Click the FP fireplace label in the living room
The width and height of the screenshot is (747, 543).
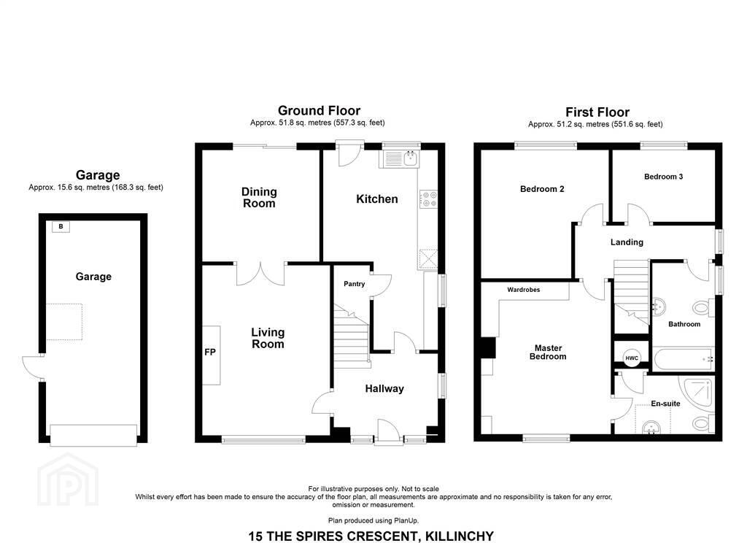(x=210, y=353)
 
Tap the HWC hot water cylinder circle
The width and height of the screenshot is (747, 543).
(x=632, y=358)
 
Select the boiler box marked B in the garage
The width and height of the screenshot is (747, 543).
(x=61, y=226)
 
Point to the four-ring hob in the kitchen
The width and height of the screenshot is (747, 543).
(x=428, y=199)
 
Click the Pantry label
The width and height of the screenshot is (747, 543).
(x=355, y=284)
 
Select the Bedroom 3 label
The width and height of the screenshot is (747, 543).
(x=663, y=177)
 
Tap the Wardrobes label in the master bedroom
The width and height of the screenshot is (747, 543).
(x=524, y=289)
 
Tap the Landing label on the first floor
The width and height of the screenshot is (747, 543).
(x=627, y=242)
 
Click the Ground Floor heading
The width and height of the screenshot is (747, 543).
(x=320, y=111)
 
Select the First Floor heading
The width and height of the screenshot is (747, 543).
(x=597, y=112)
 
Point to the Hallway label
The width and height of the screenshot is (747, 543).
(x=384, y=388)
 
